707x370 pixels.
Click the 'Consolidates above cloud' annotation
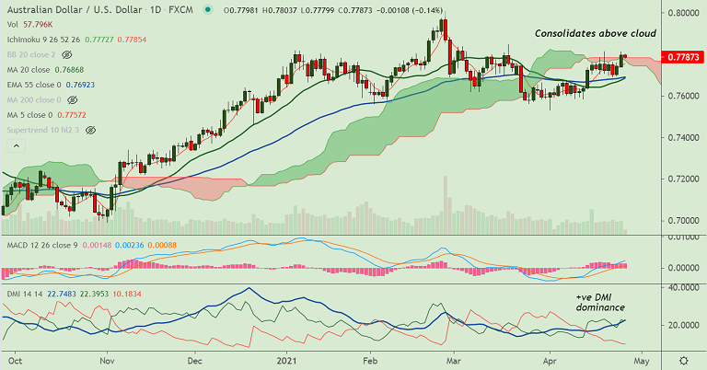pyautogui.click(x=596, y=33)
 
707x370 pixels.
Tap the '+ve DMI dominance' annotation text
pyautogui.click(x=600, y=301)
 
